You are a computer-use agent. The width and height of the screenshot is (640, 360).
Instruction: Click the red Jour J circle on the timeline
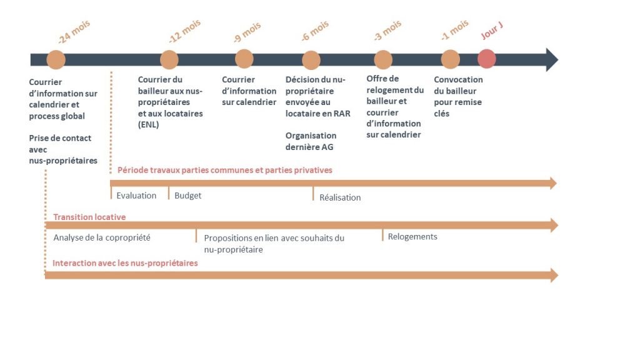(486, 59)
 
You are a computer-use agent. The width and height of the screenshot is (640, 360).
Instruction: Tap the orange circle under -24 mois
(56, 59)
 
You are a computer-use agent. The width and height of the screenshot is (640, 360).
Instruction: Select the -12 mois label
(185, 31)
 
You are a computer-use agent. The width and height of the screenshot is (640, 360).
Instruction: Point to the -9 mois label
(247, 32)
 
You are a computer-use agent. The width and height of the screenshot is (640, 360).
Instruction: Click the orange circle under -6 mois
(311, 60)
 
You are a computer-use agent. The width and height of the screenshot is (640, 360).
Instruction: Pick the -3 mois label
(387, 31)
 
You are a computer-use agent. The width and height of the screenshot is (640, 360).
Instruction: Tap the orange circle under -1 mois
(450, 59)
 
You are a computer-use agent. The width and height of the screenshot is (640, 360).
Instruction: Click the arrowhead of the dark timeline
(552, 59)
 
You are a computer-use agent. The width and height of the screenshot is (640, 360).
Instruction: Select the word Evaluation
(136, 196)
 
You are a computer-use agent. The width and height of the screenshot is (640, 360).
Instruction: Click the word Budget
(187, 196)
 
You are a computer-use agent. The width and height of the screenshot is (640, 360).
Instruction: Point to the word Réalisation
(340, 197)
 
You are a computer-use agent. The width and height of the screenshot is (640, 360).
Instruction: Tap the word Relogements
(412, 237)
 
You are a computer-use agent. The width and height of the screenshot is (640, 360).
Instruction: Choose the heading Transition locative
(89, 217)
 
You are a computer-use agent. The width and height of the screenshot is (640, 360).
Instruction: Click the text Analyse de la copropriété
(102, 237)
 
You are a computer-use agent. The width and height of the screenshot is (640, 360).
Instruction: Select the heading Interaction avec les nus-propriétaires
(125, 263)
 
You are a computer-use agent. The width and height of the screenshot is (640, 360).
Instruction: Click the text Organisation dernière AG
(311, 141)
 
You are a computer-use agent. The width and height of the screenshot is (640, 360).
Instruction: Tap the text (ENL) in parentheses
(148, 124)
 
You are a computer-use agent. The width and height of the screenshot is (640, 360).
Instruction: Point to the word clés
(442, 114)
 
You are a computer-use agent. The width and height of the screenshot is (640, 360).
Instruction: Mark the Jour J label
(492, 31)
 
